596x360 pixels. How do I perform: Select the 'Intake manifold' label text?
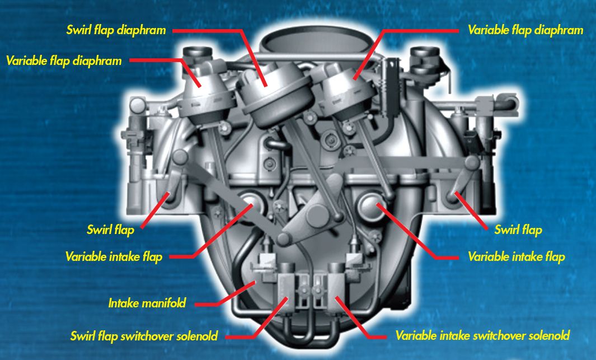pos(147,304)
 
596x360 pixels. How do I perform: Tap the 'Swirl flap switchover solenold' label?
pos(144,336)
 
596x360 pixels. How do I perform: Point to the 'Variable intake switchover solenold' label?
pos(482,336)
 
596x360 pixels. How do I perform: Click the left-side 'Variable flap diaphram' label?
pos(64,60)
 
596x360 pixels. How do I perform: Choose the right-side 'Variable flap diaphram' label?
pos(525,30)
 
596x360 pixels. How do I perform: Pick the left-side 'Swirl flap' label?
pos(111,230)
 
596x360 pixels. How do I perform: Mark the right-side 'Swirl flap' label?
pos(518,230)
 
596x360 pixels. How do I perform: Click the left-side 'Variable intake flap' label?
pos(114,257)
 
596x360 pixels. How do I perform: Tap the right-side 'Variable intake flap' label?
pos(516,257)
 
